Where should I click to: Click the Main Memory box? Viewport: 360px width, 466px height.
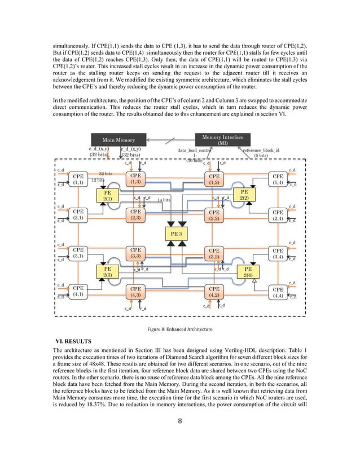pyautogui.click(x=118, y=139)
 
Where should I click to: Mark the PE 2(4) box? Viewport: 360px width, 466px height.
pyautogui.click(x=248, y=272)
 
